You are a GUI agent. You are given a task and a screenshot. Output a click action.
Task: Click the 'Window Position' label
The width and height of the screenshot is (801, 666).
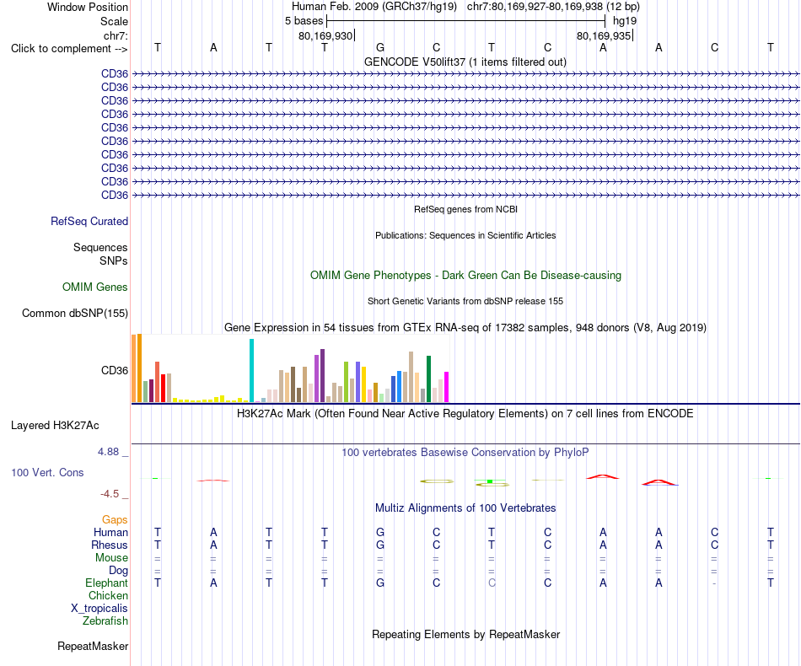coord(88,7)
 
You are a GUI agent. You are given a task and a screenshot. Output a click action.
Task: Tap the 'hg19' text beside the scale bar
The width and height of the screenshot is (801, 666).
coord(625,21)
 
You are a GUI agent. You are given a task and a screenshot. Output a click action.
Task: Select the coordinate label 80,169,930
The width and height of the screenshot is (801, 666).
coord(325,35)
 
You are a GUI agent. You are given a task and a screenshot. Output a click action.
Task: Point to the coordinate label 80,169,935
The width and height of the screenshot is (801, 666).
coord(604,35)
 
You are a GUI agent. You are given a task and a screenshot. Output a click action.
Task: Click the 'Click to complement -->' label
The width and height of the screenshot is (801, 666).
coord(69,49)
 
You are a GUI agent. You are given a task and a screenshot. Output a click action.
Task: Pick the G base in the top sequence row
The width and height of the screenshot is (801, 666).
coord(380,47)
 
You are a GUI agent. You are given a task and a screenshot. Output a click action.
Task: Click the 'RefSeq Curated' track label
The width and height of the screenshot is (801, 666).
coord(89,221)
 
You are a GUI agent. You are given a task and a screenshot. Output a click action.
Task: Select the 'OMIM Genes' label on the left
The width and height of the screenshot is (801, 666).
coord(95,287)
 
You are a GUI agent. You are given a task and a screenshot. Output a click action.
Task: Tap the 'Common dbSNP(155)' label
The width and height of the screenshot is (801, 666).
coord(75,313)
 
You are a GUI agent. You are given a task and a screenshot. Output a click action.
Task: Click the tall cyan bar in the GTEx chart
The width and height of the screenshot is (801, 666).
coord(251,371)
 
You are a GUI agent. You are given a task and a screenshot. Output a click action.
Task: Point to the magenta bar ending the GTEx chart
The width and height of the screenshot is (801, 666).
coord(447,387)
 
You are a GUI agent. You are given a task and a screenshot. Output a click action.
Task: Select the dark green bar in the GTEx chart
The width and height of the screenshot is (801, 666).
coord(429,379)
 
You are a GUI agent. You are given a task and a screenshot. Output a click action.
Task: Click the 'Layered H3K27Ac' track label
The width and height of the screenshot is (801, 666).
coord(55,426)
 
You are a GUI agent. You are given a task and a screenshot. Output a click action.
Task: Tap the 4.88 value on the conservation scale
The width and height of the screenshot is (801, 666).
coord(108,452)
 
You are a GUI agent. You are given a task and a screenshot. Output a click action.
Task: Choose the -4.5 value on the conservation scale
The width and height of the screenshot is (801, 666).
coord(110,494)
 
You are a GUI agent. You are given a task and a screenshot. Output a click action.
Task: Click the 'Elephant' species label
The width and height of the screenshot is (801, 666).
coord(107,583)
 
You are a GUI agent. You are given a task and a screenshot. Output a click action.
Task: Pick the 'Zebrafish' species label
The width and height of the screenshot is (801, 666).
coord(105,621)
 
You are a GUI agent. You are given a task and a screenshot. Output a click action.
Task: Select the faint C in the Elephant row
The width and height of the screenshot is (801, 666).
coord(492,583)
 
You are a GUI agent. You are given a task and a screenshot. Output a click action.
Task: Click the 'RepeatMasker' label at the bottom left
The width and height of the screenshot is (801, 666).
coord(93,646)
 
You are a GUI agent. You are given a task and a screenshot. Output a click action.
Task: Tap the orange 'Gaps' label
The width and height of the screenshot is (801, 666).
coord(115,520)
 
